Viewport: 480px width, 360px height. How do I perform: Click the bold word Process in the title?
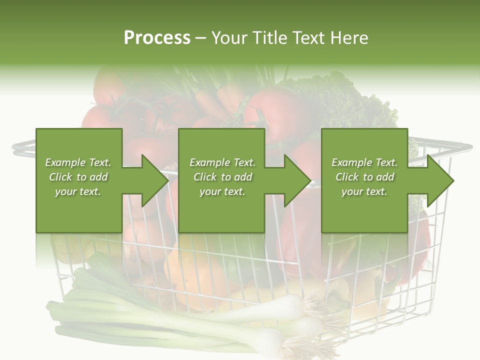(x=157, y=38)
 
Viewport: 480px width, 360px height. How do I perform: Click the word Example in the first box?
(x=64, y=162)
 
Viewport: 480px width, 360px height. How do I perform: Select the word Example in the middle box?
(x=209, y=162)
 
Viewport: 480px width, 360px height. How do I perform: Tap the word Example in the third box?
(x=351, y=162)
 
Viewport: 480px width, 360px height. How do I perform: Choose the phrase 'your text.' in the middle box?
(x=222, y=191)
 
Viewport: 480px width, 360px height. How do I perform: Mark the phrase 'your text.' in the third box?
(x=364, y=191)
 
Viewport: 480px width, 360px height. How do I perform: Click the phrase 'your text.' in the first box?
(x=78, y=191)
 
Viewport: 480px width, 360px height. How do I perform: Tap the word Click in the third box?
(x=347, y=177)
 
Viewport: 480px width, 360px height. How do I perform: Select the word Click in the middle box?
(x=205, y=177)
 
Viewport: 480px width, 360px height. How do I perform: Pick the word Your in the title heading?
(x=229, y=38)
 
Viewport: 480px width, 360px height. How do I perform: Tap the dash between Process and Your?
(x=200, y=38)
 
